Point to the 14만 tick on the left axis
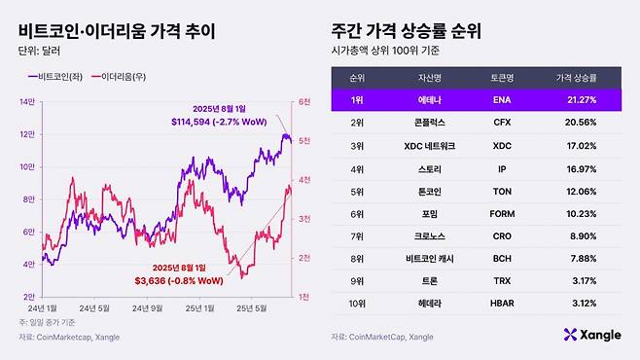26,101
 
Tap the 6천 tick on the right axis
304,101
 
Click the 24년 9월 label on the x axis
147,307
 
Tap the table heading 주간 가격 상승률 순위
416,31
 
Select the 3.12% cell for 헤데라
581,304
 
